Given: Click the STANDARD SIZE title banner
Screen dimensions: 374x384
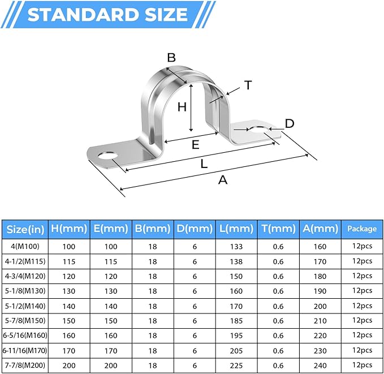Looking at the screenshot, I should pos(107,14).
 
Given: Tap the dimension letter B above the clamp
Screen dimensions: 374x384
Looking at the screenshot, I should pos(171,57).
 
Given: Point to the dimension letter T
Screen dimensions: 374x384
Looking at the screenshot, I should pos(247,85).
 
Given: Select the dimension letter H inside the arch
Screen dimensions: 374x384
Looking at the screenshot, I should pos(182,107).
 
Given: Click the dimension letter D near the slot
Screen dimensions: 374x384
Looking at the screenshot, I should pos(289,123).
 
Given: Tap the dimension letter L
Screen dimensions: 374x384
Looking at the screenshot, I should pos(204,164).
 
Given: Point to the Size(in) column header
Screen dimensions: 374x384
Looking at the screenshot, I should pos(24,229).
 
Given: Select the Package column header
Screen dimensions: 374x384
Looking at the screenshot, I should pos(362,229).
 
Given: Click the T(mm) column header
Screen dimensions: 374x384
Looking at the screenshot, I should pos(278,229).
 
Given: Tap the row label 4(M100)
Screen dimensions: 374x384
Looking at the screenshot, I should pos(24,247).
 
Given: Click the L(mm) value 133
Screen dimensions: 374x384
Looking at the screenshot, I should pos(236,247).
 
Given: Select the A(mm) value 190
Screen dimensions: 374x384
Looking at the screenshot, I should pos(320,291).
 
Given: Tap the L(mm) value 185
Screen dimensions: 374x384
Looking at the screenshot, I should pos(236,320).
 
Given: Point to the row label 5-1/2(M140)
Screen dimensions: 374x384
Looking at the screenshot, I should pos(24,305).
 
